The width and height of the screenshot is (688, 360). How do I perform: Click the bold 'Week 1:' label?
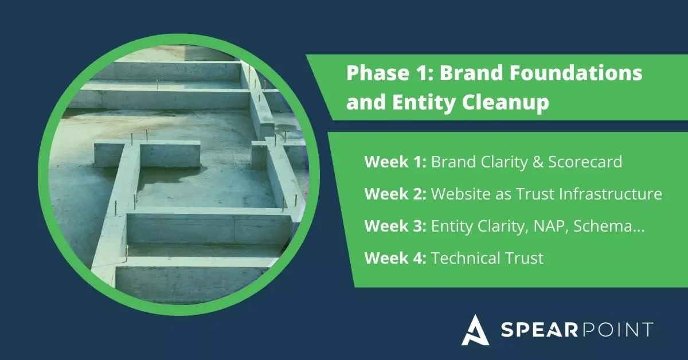click(x=395, y=162)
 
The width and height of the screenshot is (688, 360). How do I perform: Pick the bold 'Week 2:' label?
click(x=395, y=194)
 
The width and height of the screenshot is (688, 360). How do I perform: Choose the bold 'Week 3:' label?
click(x=395, y=226)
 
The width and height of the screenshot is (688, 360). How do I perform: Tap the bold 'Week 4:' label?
click(x=395, y=259)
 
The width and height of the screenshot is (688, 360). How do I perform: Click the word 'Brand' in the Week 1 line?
click(x=451, y=162)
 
